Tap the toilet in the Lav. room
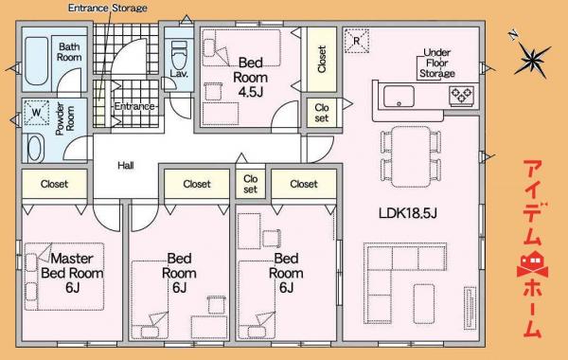pos(179,55)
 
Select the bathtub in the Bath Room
pos(37,61)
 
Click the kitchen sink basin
pos(399,96)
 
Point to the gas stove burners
pos(461,96)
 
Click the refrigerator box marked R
pos(357,41)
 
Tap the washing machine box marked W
pos(36,113)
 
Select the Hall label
pos(126,166)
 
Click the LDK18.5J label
pos(407,213)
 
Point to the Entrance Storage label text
pos(108,8)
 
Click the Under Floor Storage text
pos(436,63)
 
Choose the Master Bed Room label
pos(72,273)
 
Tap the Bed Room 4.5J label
pos(250,78)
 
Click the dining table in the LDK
pos(411,156)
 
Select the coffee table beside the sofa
pos(424,304)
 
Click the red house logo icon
pos(532,264)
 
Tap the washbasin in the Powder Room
pos(34,149)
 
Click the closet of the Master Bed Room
pos(54,184)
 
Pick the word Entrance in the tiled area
pos(134,106)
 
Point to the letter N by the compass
pos(512,35)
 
